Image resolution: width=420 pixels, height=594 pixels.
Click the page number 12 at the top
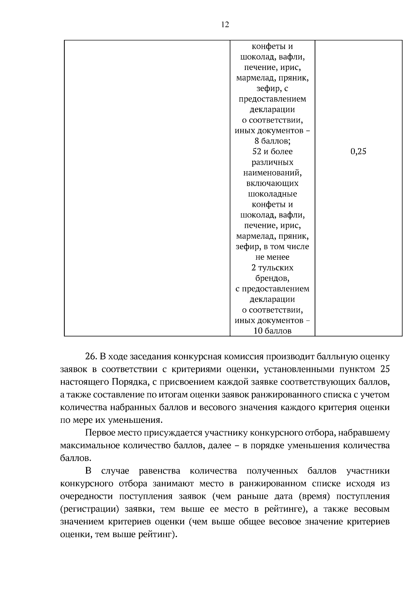pyautogui.click(x=225, y=25)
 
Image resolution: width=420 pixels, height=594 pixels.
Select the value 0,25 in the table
pyautogui.click(x=358, y=152)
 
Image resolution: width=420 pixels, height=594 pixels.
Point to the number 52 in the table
pyautogui.click(x=257, y=152)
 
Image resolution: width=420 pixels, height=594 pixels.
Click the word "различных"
pyautogui.click(x=272, y=162)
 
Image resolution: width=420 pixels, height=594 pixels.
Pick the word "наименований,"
pyautogui.click(x=272, y=173)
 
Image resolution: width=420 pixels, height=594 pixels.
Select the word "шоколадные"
pyautogui.click(x=272, y=194)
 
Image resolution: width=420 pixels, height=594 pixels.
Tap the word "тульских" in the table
pyautogui.click(x=276, y=268)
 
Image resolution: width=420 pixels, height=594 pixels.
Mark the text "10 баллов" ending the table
pyautogui.click(x=272, y=331)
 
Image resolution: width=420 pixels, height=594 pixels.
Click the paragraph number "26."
pyautogui.click(x=91, y=357)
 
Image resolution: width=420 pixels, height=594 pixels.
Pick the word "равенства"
pyautogui.click(x=159, y=471)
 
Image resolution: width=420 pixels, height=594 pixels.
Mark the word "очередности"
pyautogui.click(x=86, y=496)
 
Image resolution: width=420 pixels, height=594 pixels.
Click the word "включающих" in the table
pyautogui.click(x=272, y=183)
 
